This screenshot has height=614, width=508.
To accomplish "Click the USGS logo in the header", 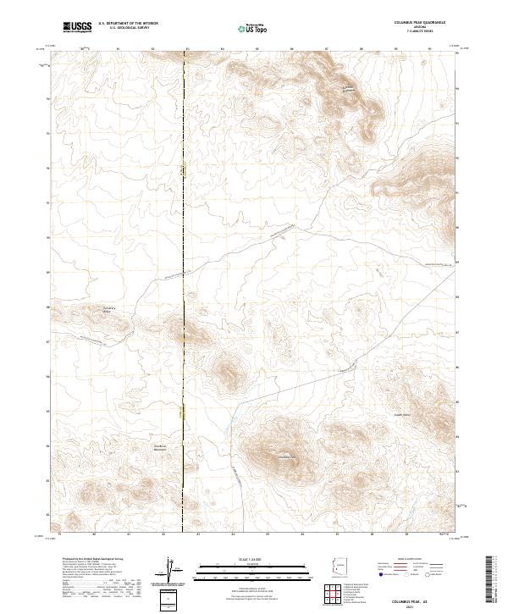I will [77, 27].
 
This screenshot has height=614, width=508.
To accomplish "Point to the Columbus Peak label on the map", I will [289, 458].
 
